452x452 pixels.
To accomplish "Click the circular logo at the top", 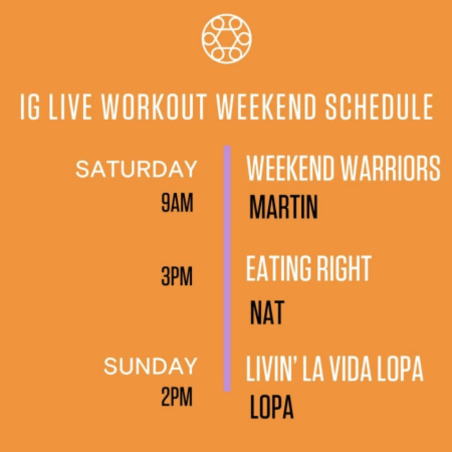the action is [226, 38].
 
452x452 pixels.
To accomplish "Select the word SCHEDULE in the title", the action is [379, 106].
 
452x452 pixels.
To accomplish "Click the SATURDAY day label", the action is [137, 169].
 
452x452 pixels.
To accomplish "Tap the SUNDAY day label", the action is [150, 366].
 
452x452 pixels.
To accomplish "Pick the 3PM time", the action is [177, 276].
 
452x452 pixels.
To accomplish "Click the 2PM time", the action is [177, 397].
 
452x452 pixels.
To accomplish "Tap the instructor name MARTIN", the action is [283, 207].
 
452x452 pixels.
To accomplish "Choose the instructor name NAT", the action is [267, 312].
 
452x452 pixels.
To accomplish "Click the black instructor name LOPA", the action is [272, 406].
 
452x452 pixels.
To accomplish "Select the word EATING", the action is [279, 268].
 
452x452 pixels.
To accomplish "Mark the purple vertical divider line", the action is [227, 268].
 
